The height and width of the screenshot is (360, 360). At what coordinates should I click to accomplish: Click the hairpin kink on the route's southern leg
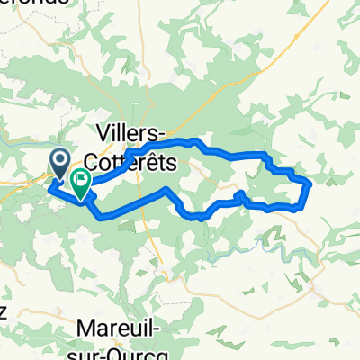[x=238, y=194]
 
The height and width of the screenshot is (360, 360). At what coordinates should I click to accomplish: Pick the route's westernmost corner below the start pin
[x=48, y=188]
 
